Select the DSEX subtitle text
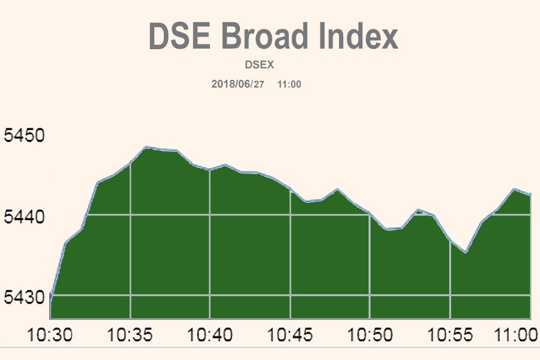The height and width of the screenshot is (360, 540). (259, 65)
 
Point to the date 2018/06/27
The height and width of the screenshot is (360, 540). (238, 84)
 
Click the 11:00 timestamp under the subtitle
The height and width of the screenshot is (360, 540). (289, 84)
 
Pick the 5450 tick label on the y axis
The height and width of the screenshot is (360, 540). (24, 135)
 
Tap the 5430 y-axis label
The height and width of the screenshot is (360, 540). (24, 296)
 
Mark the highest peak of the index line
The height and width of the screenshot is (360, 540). (146, 147)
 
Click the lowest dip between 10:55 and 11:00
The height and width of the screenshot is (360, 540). (466, 253)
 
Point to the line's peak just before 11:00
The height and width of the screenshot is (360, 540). (514, 189)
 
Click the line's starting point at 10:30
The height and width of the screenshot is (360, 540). (50, 296)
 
